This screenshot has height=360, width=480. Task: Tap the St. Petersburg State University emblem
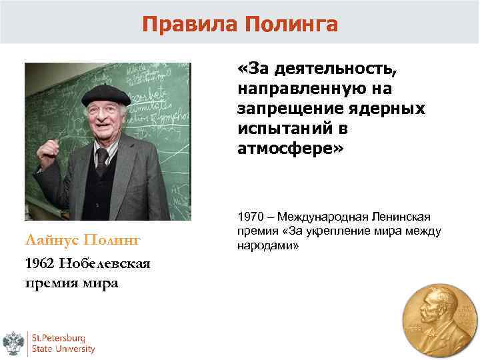[14, 341]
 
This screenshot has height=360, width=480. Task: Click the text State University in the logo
[65, 348]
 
